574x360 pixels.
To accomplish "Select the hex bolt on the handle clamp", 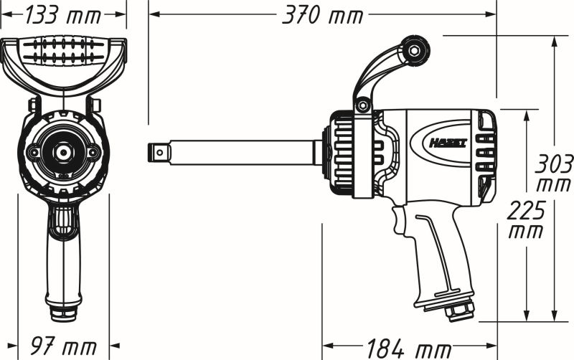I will [363, 106].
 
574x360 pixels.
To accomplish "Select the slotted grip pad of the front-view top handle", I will [64, 52].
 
